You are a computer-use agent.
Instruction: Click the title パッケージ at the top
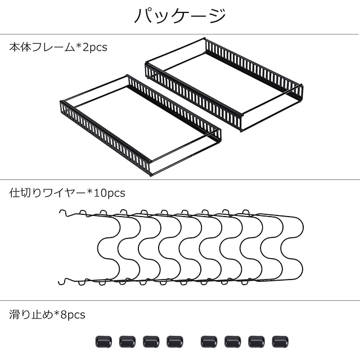(x=179, y=15)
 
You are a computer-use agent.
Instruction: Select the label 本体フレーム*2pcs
(x=58, y=47)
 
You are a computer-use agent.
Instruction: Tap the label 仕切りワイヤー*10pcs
(x=67, y=193)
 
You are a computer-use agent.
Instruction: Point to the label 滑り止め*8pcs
(x=47, y=314)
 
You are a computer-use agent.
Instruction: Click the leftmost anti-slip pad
(x=103, y=341)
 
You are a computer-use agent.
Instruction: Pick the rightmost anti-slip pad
(x=280, y=341)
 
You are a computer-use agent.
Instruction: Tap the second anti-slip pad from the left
(x=127, y=341)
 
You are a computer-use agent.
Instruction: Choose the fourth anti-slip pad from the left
(x=175, y=341)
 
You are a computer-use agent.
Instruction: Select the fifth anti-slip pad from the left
(x=209, y=341)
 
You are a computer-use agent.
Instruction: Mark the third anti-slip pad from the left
(x=151, y=341)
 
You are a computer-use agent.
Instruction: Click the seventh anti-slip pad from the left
(x=256, y=341)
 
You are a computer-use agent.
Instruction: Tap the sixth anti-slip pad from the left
(x=232, y=341)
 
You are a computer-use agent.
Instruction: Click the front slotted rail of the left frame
(x=105, y=138)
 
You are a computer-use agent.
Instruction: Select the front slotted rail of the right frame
(x=193, y=96)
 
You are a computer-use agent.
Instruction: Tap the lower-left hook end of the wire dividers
(x=62, y=281)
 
